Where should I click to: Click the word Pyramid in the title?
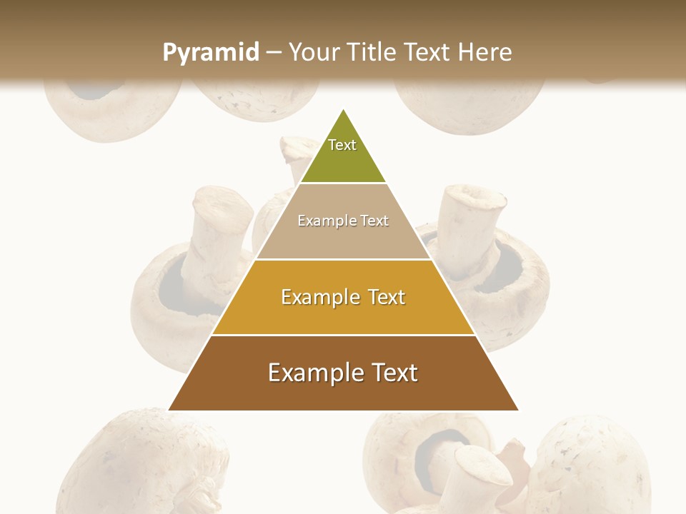[x=211, y=53]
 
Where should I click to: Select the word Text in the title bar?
[x=428, y=52]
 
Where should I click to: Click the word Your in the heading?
[x=314, y=52]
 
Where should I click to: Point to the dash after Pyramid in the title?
[x=274, y=53]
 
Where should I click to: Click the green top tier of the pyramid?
[x=343, y=161]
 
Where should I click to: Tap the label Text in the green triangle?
[x=342, y=145]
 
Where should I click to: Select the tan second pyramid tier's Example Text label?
[x=343, y=221]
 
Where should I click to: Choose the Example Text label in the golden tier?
[x=343, y=297]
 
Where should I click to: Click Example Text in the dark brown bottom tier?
[x=343, y=373]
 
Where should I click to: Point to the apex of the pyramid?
[x=343, y=110]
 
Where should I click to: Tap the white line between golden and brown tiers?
[x=343, y=335]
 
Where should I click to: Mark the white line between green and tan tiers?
[x=343, y=183]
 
